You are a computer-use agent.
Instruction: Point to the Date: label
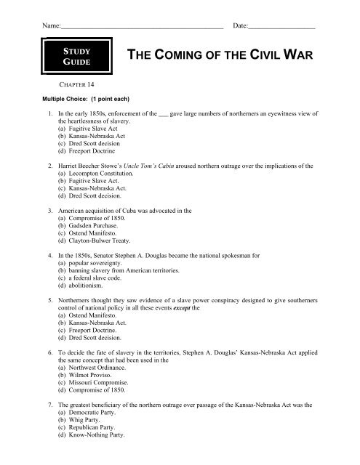(240, 25)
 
